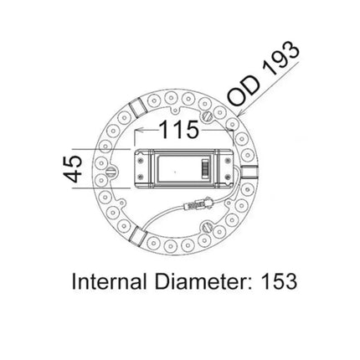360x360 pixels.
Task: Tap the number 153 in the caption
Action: point(277,281)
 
